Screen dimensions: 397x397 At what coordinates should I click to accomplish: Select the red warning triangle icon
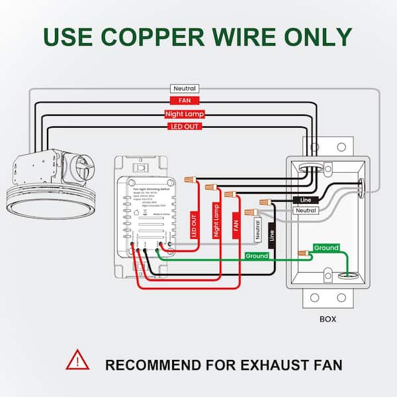pos(76,361)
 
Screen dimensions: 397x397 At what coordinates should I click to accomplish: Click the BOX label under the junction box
pos(328,319)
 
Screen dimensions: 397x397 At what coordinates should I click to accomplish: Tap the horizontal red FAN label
pos(184,101)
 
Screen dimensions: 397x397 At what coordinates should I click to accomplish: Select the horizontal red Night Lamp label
pos(184,113)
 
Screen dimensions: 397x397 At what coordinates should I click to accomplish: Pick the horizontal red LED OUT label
pos(184,126)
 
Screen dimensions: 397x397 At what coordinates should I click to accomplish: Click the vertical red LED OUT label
pos(194,224)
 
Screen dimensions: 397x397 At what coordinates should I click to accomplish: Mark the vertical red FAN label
pos(234,226)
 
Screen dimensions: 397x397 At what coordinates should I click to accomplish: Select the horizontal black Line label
pos(306,199)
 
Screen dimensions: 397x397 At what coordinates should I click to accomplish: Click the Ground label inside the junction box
pos(326,248)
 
